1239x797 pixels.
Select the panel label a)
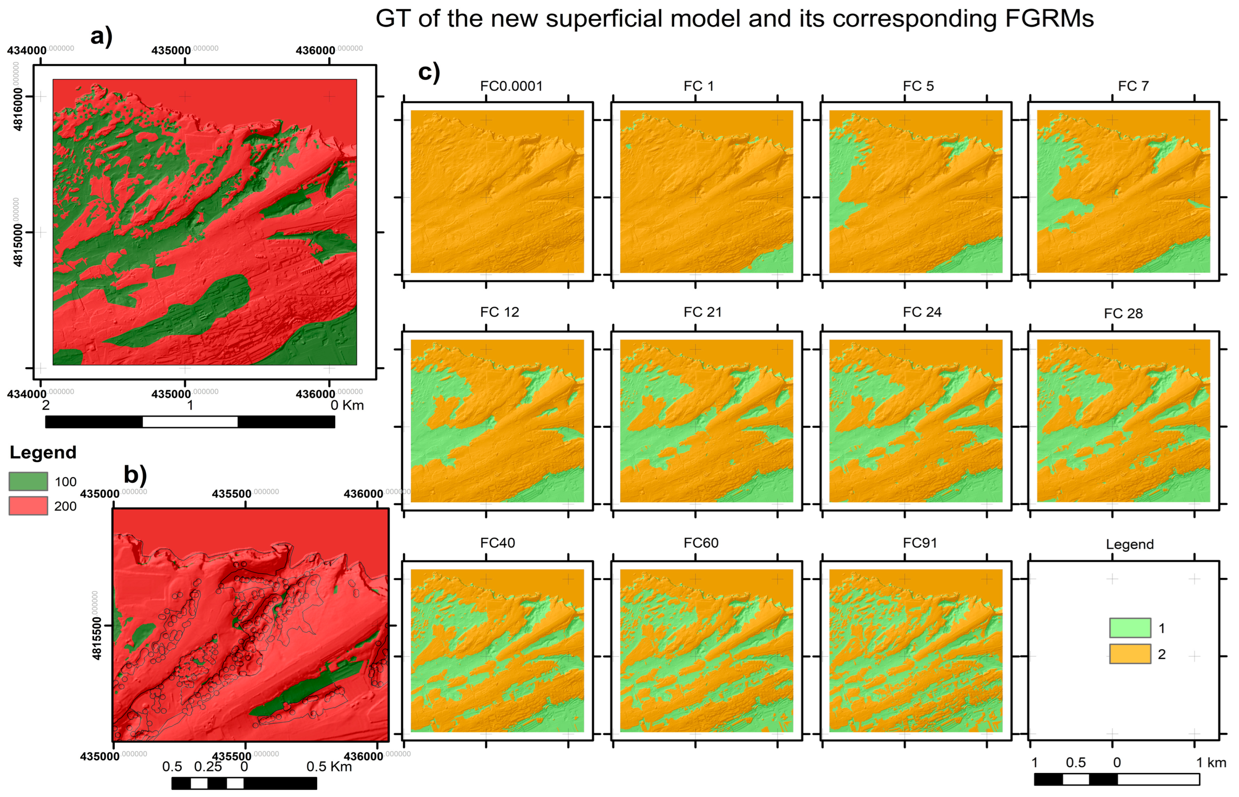point(101,37)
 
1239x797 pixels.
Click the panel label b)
point(135,474)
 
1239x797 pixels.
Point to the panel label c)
point(429,72)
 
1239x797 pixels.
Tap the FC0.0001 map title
point(511,86)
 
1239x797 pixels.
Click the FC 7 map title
point(1133,86)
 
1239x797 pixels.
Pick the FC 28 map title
point(1123,314)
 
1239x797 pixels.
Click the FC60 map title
point(701,543)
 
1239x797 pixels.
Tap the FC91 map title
point(919,543)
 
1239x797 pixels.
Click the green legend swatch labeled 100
point(28,481)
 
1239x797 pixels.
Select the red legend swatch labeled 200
point(28,506)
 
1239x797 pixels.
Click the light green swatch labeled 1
point(1130,628)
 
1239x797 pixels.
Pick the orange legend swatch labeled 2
point(1130,654)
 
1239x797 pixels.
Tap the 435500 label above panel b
point(231,494)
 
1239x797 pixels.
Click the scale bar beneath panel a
point(190,422)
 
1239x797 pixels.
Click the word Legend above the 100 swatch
point(43,453)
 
